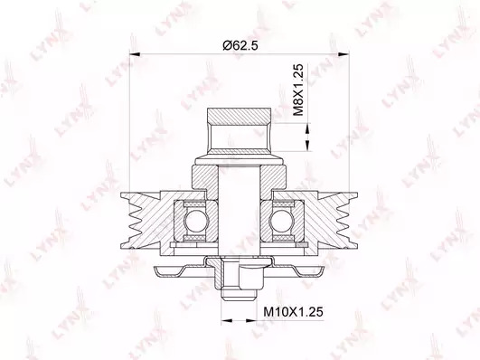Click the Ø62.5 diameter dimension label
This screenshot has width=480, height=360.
click(x=240, y=45)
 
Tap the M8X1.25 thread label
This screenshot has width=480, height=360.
click(x=298, y=90)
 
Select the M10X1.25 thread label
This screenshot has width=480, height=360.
click(x=293, y=312)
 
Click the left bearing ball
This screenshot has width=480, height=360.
click(x=195, y=221)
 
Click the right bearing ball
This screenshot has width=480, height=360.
click(x=280, y=221)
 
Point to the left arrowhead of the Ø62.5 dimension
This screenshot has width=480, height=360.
click(x=135, y=54)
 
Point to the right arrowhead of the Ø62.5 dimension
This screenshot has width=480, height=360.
click(x=344, y=54)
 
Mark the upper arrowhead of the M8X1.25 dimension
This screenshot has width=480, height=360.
click(x=307, y=128)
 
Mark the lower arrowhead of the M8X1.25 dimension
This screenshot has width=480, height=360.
click(x=307, y=146)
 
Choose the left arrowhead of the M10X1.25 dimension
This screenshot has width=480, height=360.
click(x=226, y=320)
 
